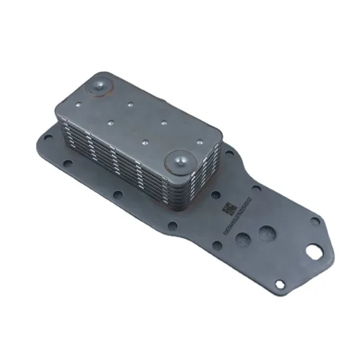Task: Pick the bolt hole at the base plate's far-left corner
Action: click(47, 136)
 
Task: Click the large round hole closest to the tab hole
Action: click(267, 232)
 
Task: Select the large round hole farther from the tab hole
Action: click(243, 240)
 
